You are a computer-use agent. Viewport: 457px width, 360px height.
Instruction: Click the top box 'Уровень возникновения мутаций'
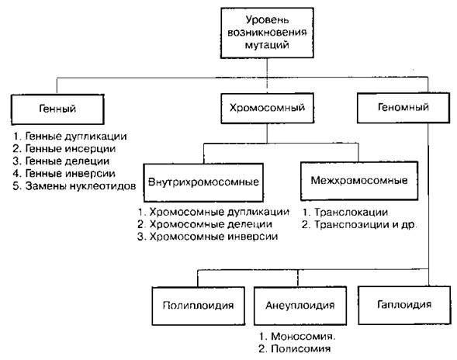(x=267, y=33)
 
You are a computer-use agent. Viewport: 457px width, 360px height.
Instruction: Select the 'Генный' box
(x=57, y=109)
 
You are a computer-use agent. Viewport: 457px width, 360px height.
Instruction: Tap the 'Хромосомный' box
(x=267, y=108)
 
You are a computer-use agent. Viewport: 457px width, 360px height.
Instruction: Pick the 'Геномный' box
(x=403, y=108)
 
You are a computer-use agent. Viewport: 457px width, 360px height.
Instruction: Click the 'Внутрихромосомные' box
(x=203, y=182)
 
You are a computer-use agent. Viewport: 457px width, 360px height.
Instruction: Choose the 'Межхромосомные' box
(x=359, y=181)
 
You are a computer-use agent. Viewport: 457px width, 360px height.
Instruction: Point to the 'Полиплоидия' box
(x=198, y=306)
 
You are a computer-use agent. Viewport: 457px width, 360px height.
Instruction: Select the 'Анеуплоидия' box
(x=300, y=306)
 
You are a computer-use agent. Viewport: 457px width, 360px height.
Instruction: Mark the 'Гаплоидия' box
(x=404, y=305)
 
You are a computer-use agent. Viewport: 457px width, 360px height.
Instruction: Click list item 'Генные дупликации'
(x=70, y=137)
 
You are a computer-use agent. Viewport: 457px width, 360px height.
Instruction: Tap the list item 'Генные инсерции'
(x=64, y=149)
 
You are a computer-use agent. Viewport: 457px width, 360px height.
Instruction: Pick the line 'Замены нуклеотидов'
(x=74, y=186)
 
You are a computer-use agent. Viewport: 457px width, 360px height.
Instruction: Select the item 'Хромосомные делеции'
(x=205, y=224)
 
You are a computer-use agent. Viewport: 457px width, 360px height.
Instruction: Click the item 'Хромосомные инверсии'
(x=207, y=237)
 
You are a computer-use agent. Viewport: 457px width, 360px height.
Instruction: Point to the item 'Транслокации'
(x=345, y=213)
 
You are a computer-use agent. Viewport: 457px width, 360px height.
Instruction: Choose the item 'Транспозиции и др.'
(x=360, y=225)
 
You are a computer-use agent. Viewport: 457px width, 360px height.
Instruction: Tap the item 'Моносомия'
(x=297, y=337)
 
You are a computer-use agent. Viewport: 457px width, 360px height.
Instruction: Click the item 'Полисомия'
(x=295, y=348)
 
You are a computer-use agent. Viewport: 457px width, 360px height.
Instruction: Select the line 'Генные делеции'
(x=61, y=161)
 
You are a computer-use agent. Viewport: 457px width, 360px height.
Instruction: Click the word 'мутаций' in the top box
(x=267, y=45)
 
